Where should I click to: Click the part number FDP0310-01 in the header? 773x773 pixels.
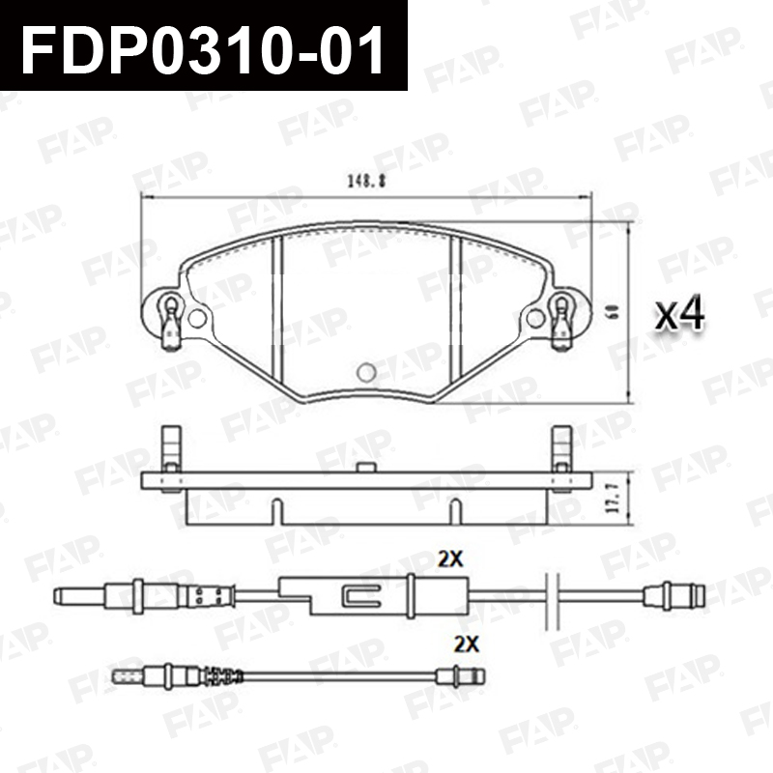click(x=202, y=49)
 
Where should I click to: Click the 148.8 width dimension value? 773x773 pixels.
click(x=367, y=182)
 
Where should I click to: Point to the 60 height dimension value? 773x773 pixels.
click(x=615, y=312)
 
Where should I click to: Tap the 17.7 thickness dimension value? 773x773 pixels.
click(x=614, y=500)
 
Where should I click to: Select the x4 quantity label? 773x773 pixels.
click(x=680, y=314)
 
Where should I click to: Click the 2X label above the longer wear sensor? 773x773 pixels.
click(x=450, y=559)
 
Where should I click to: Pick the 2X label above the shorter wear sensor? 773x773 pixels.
click(x=467, y=644)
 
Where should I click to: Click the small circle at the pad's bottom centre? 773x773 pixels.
click(x=366, y=373)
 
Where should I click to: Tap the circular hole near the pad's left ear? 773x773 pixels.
click(x=197, y=319)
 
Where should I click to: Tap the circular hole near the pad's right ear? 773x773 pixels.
click(x=535, y=319)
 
